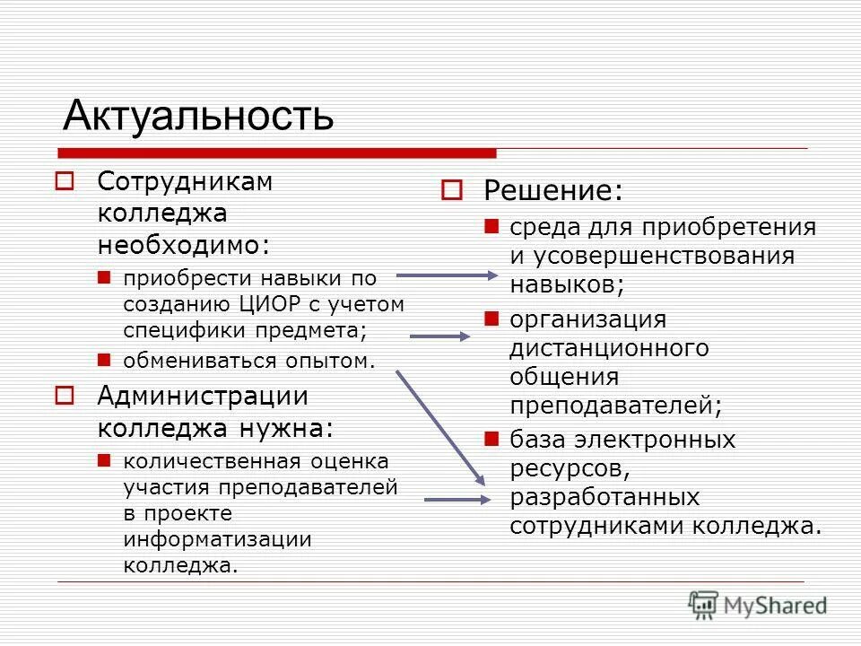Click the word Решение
point(552,191)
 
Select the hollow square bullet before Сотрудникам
point(63,181)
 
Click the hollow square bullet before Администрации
point(63,396)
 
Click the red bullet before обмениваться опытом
point(104,360)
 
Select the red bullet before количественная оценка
point(104,461)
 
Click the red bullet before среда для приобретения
point(491,226)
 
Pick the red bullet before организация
point(491,318)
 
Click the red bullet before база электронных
point(491,439)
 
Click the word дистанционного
point(609,347)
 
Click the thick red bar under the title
point(278,153)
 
